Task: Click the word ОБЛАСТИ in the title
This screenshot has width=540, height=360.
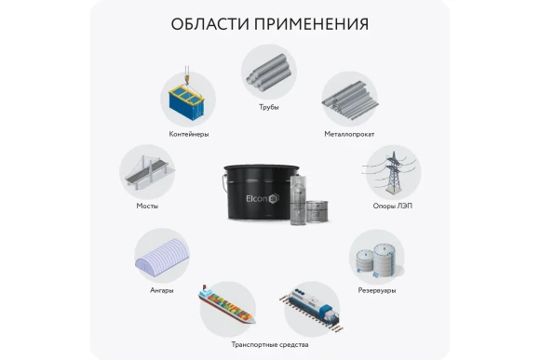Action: click(x=213, y=23)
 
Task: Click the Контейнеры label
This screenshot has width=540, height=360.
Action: click(x=189, y=134)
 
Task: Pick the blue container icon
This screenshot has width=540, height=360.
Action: click(x=188, y=98)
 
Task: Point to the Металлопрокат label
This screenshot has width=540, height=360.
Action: click(x=348, y=134)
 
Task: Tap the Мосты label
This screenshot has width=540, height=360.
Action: click(x=147, y=206)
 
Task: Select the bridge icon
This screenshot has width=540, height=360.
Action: click(x=148, y=170)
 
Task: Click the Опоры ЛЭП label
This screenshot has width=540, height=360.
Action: click(x=389, y=207)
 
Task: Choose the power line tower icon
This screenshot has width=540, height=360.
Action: click(x=390, y=171)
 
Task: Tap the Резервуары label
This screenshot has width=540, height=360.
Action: click(x=376, y=290)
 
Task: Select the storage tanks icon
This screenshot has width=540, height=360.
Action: click(x=376, y=256)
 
